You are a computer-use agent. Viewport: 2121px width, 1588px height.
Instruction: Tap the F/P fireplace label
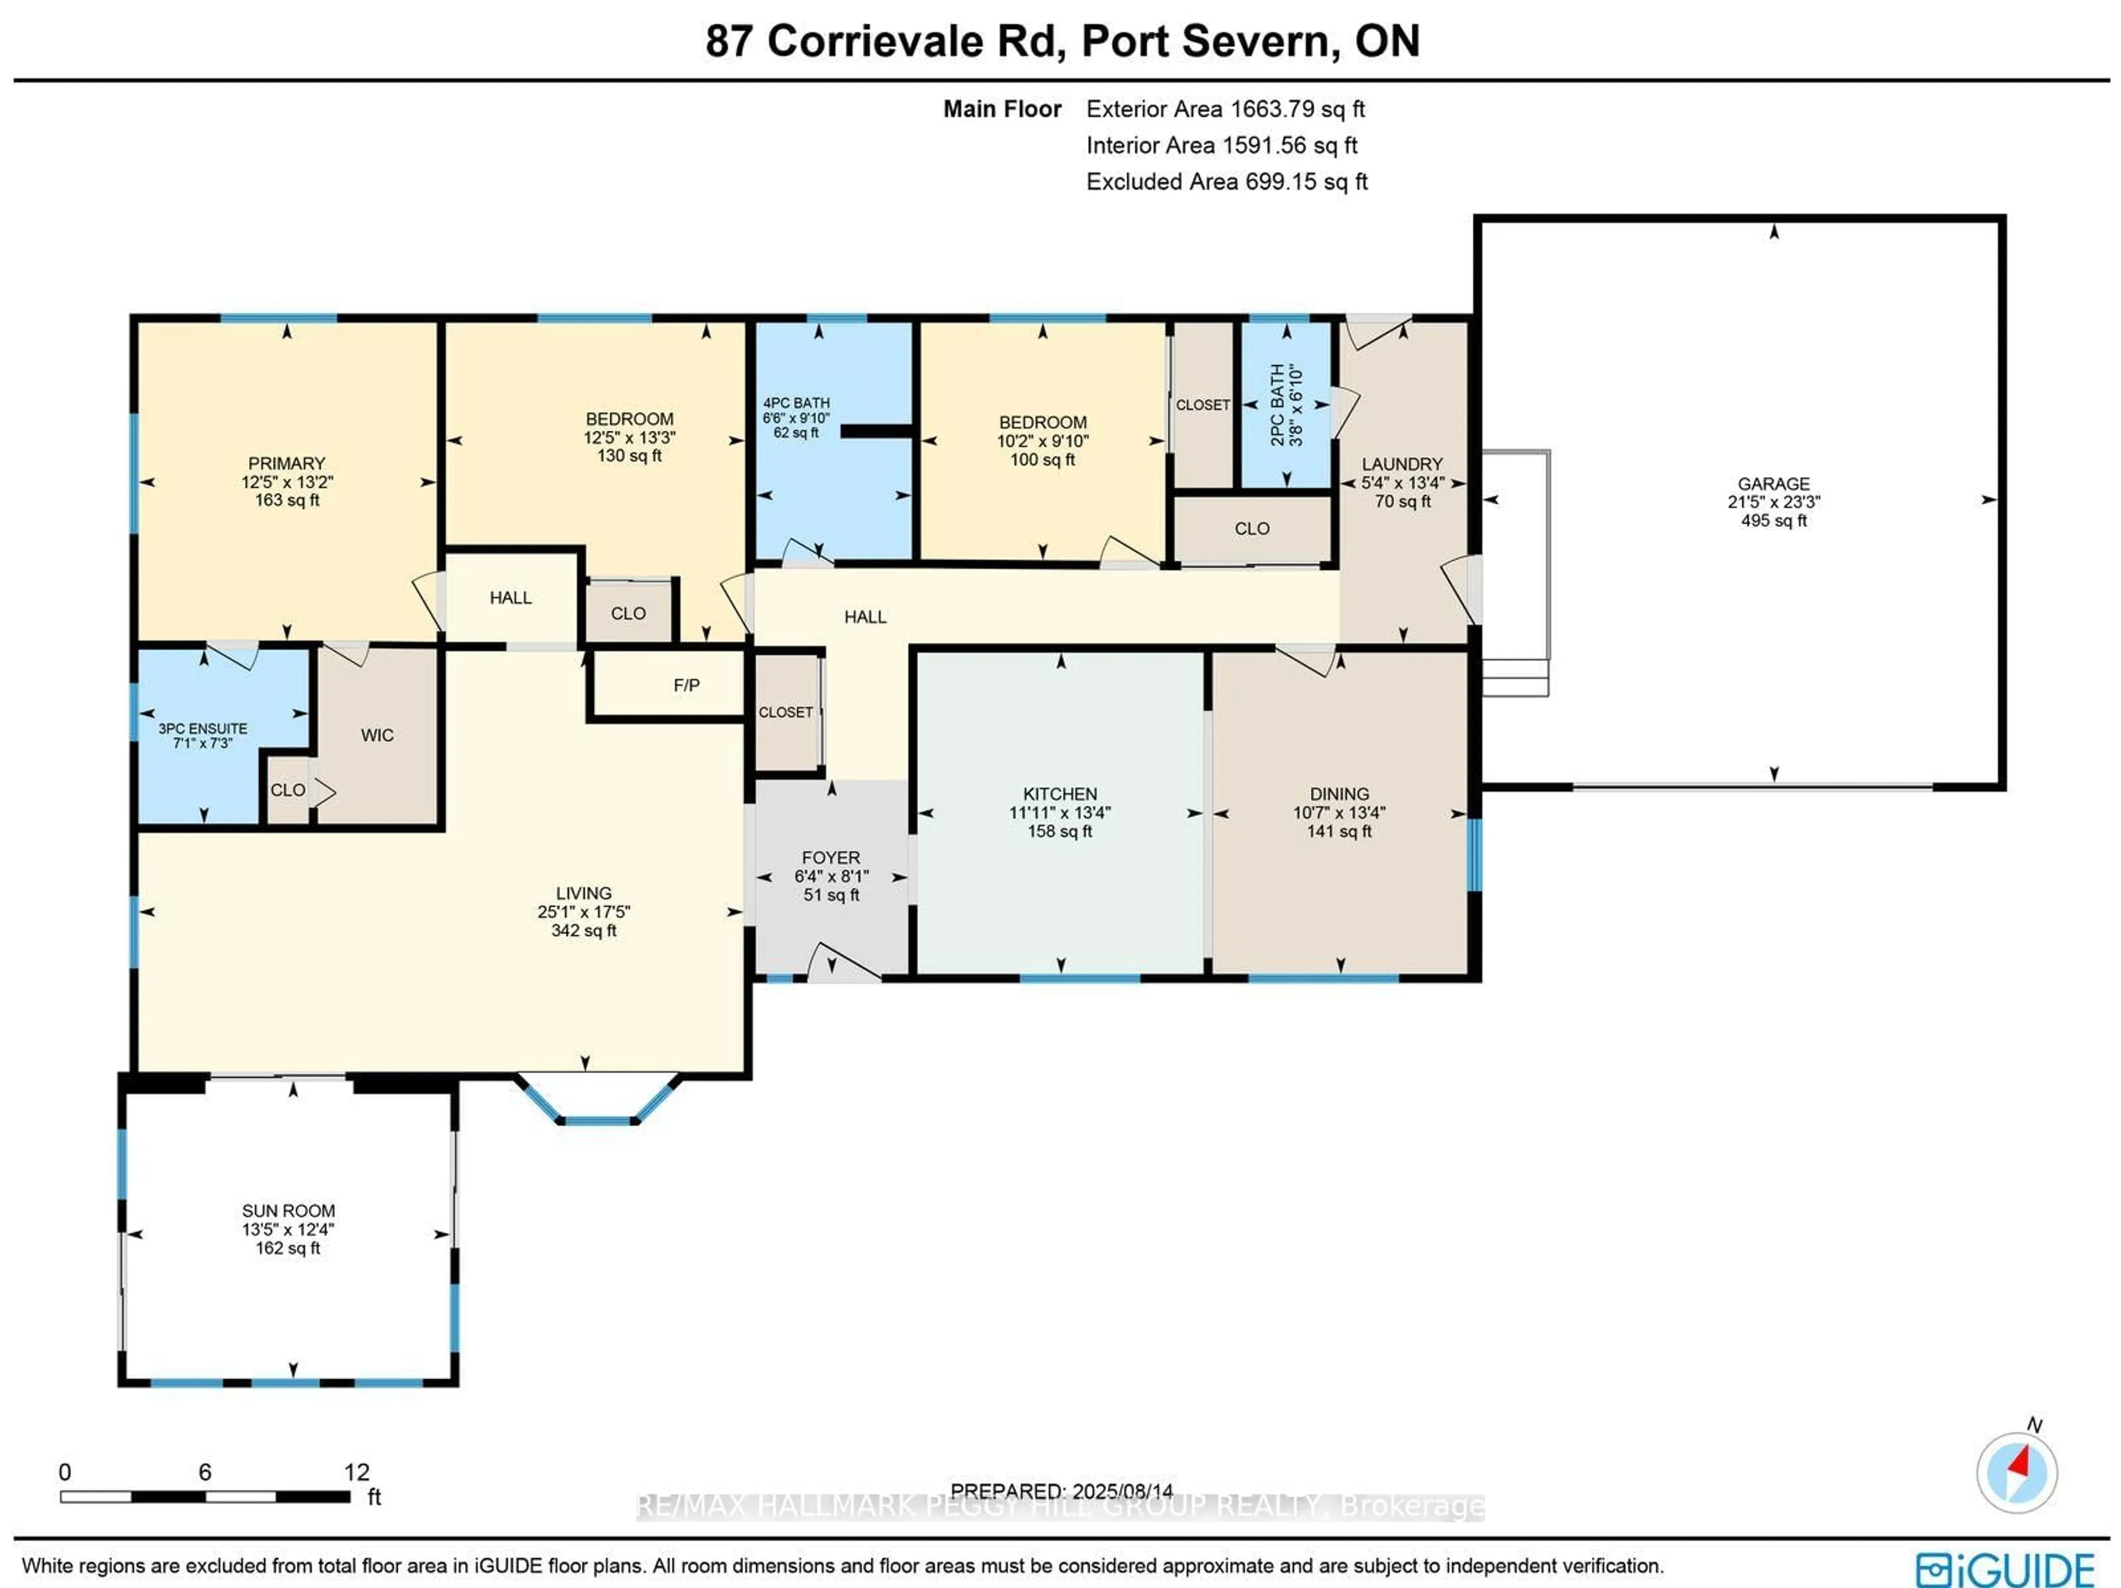687,685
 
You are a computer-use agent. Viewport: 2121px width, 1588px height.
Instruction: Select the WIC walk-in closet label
377,736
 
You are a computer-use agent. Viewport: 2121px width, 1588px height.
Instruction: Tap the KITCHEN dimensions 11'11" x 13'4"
1059,812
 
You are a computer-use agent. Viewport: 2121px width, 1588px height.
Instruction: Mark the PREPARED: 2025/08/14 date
1062,1491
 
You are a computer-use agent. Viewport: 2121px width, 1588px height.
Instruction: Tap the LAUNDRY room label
1402,464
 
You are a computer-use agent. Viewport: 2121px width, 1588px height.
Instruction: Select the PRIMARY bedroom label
287,463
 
